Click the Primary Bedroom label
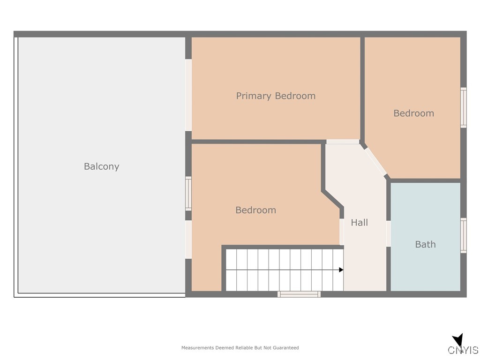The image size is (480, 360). point(276,96)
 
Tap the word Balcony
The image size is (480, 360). point(101,166)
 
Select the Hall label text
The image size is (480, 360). point(360,223)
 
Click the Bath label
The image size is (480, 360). point(425,244)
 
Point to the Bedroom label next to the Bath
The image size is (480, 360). point(413,113)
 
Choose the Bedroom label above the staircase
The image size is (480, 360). point(255,210)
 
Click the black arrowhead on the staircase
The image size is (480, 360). point(341,270)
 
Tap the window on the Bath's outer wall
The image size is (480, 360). point(463,235)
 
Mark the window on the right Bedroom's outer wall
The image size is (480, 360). point(463,107)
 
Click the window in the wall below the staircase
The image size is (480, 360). point(299,294)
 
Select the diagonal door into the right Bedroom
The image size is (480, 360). point(375,161)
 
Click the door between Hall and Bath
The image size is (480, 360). point(389,233)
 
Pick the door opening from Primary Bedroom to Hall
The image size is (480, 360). point(343,142)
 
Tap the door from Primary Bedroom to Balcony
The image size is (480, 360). point(188,95)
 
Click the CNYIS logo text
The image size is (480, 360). point(463,350)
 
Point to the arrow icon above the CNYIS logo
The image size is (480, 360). point(458,340)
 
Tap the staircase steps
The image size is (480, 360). point(281,270)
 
